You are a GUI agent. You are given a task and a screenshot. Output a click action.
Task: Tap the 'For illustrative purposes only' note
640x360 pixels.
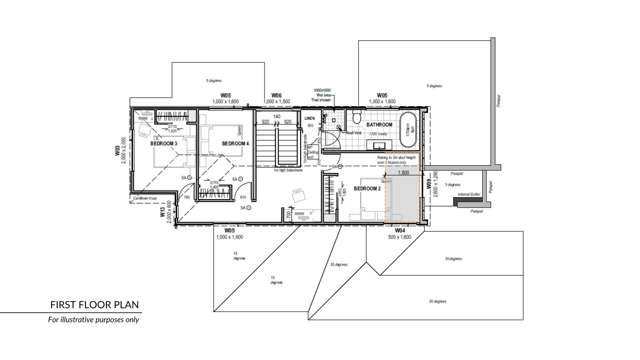coord(95,321)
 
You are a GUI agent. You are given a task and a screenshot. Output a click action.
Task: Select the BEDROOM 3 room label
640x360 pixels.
coord(164,144)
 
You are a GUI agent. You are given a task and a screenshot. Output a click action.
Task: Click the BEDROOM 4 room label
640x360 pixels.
coord(234,144)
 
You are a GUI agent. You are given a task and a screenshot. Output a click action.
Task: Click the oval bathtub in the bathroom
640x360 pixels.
coord(408,128)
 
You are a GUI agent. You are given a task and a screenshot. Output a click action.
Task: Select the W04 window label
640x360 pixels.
coord(399,230)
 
